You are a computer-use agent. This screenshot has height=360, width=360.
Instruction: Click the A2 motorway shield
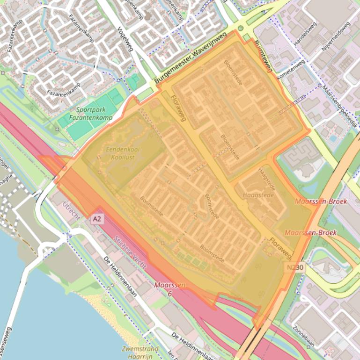[97, 219]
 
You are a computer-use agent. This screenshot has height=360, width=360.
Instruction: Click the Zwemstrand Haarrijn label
[140, 352]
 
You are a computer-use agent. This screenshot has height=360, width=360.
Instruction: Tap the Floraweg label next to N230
[280, 248]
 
